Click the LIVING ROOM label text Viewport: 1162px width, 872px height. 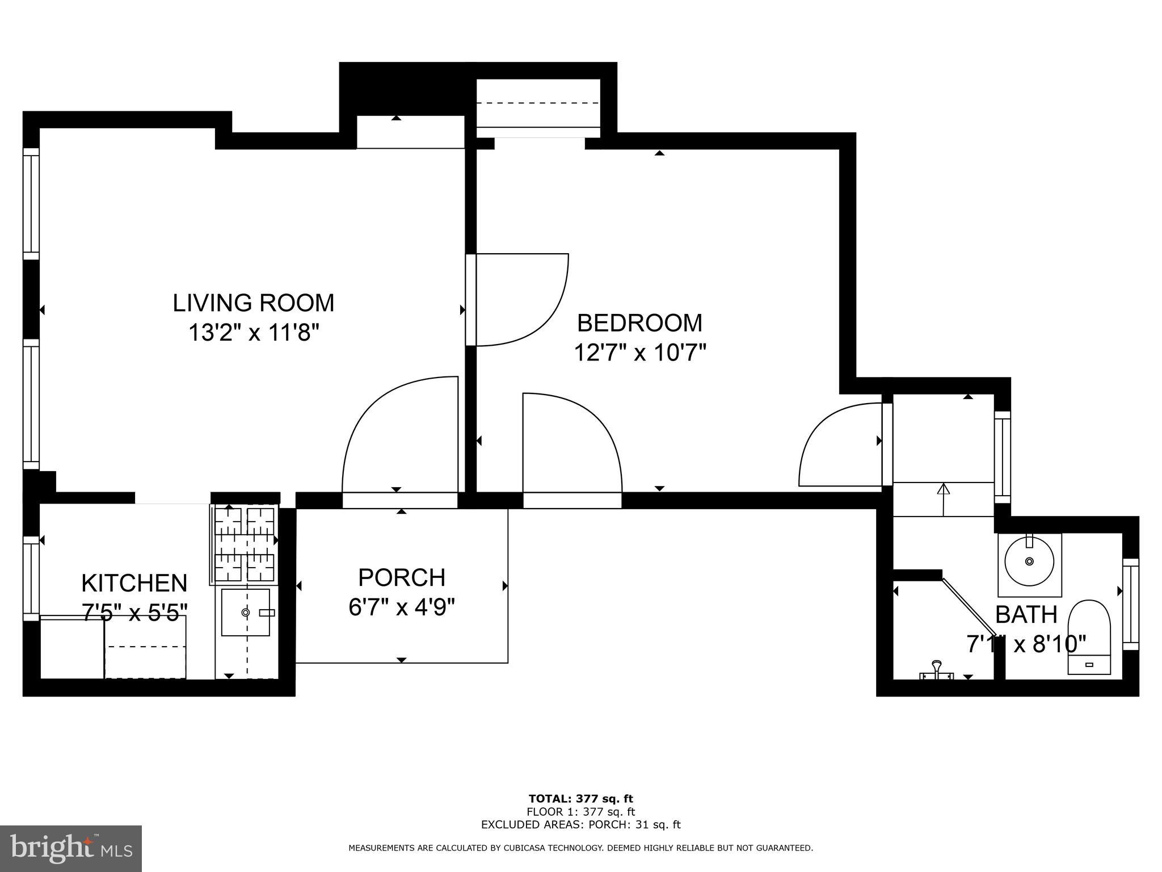[253, 303]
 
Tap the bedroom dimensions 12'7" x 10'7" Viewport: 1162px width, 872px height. [639, 353]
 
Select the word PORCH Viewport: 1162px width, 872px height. [402, 578]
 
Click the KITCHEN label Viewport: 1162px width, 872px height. [134, 584]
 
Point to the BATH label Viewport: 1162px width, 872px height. [1026, 615]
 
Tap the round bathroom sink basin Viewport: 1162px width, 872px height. [1029, 561]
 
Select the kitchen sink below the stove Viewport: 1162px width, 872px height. [245, 613]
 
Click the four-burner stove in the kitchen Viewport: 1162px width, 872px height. [244, 545]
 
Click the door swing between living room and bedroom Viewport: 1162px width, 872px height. [519, 300]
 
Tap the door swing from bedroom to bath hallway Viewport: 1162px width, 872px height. [840, 446]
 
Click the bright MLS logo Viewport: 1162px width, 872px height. [71, 848]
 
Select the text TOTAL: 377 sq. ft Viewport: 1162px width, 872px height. [580, 799]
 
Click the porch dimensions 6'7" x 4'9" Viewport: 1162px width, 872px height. [402, 608]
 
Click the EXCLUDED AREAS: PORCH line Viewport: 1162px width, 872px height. [580, 825]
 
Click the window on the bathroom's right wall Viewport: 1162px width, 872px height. [1131, 604]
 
